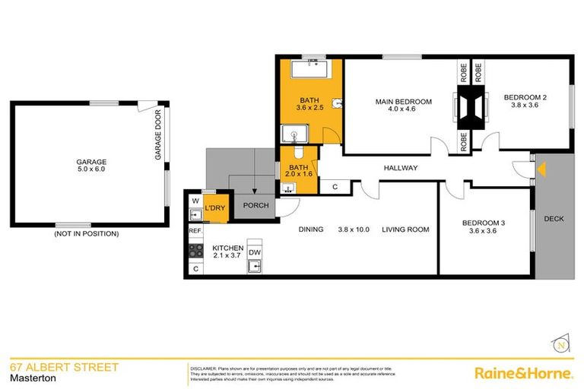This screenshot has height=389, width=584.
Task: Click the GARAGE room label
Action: coord(90,162)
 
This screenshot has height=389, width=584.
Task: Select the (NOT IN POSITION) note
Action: coord(86,234)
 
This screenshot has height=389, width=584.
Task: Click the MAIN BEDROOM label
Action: coord(403,102)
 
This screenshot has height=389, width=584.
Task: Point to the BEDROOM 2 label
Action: coord(525,96)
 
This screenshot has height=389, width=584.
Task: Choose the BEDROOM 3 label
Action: coord(484,223)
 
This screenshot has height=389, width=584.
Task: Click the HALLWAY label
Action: coord(400,169)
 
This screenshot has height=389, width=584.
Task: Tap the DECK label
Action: coord(554,219)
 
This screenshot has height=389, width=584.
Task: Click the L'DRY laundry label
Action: coord(216,207)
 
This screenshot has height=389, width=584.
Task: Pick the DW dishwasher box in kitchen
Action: coord(255,253)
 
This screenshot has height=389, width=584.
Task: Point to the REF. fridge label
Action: coord(195,230)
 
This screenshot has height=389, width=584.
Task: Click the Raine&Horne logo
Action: coord(523,373)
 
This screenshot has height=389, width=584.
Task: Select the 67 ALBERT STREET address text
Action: coord(64,368)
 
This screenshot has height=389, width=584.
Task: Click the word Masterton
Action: coord(30,379)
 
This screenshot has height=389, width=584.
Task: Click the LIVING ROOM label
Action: coord(405,229)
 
